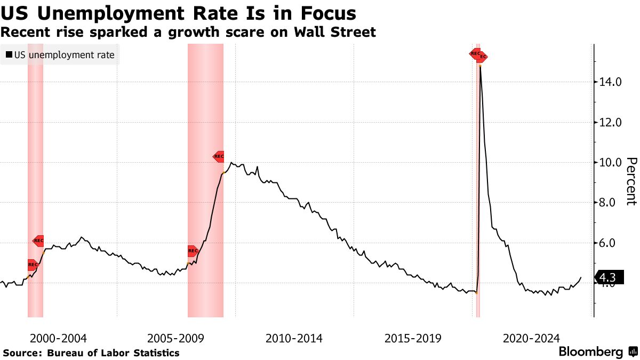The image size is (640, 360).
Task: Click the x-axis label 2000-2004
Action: pos(58,338)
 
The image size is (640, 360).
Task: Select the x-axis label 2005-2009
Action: pos(175,338)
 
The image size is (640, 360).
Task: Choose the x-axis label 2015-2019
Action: pos(412,338)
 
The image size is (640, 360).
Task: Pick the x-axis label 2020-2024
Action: pos(531,338)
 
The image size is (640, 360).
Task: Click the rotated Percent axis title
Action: pos(631,181)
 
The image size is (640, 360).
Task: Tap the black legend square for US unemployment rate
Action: pos(9,54)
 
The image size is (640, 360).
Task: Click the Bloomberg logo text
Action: pos(590,352)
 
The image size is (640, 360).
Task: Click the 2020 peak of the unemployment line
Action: pos(481,66)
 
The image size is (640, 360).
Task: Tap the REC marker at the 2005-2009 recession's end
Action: pos(219,157)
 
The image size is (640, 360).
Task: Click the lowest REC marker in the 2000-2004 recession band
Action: pos(33,265)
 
